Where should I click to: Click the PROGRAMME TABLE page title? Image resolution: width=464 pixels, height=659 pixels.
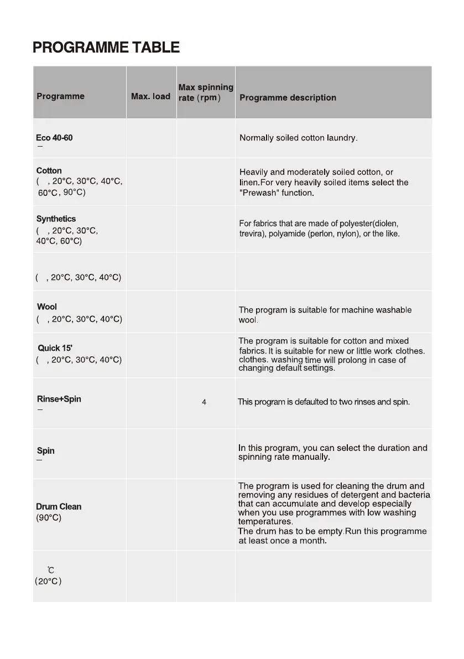[x=106, y=48]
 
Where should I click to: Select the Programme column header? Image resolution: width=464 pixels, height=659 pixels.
[x=60, y=96]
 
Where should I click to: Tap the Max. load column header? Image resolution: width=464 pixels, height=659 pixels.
[x=150, y=96]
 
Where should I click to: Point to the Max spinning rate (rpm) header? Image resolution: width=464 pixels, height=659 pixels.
[x=206, y=92]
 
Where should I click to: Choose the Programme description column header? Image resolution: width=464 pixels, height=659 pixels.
[x=288, y=98]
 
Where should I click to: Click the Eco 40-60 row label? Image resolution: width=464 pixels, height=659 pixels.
[x=54, y=138]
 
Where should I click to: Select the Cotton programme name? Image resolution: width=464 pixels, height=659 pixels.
[x=49, y=170]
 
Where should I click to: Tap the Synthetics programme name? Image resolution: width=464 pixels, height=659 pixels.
[x=56, y=219]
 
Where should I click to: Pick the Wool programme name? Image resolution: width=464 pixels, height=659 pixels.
[x=47, y=307]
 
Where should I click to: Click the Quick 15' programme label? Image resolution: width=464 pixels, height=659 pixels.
[x=55, y=348]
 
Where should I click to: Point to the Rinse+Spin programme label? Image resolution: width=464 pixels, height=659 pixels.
[x=59, y=399]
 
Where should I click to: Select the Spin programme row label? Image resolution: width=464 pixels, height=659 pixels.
[x=45, y=451]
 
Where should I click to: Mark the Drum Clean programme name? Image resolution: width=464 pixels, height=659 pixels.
[x=59, y=507]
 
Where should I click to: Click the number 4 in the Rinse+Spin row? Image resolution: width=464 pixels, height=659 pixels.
[x=204, y=402]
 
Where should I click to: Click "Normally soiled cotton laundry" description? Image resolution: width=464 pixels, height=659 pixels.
[x=298, y=138]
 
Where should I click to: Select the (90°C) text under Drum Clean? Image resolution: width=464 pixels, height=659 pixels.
[x=49, y=518]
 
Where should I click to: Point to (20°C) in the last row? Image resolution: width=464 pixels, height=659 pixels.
[x=48, y=582]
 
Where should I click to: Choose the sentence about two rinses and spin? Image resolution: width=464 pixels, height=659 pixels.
[x=324, y=402]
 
